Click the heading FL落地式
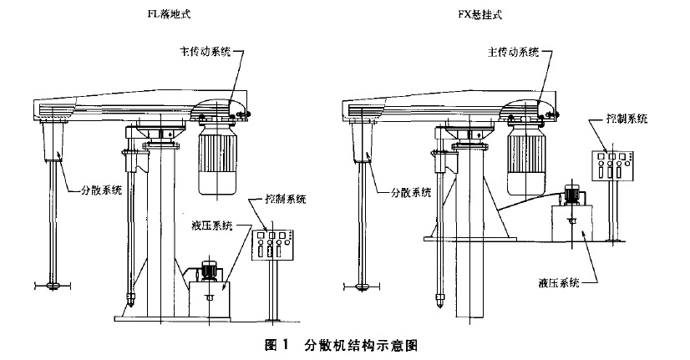[170, 14]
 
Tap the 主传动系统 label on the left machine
[201, 51]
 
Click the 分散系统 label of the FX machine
[412, 192]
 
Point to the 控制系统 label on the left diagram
[286, 199]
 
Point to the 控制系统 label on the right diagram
[626, 119]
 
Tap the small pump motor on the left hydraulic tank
[209, 271]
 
